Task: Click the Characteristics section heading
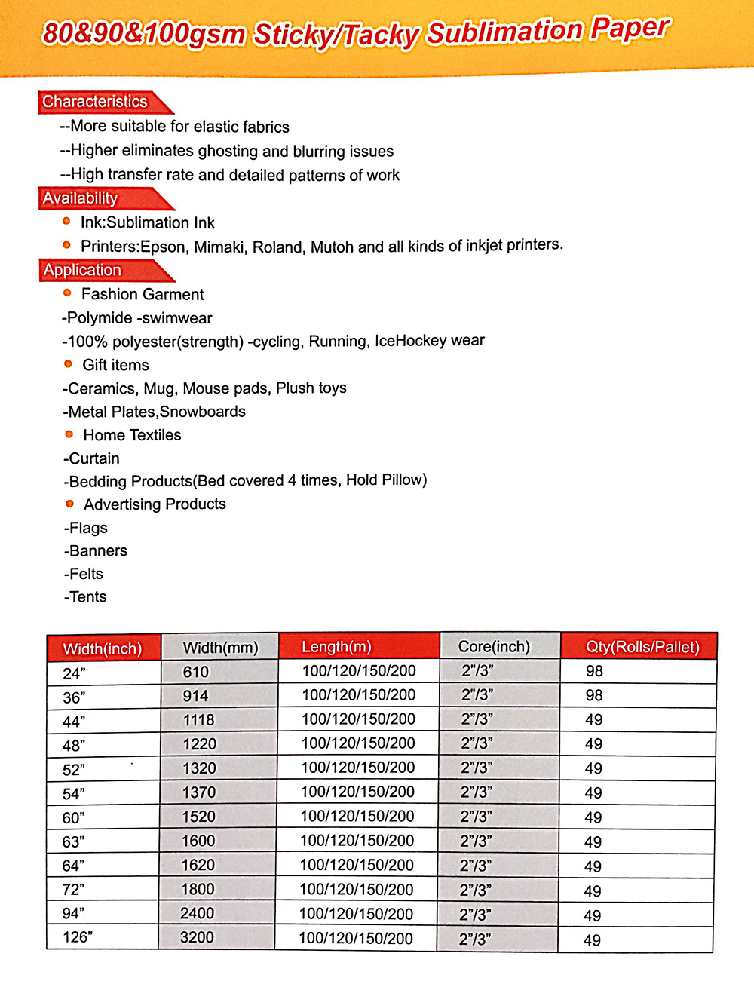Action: [95, 102]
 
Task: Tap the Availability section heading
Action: [80, 198]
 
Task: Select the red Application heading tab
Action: [82, 270]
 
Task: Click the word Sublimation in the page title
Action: [504, 32]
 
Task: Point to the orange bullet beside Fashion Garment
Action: [67, 293]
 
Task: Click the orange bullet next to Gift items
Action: [68, 363]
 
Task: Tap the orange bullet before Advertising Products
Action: [69, 503]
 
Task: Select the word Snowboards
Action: [203, 412]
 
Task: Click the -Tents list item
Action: [86, 597]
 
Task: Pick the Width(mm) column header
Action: [220, 648]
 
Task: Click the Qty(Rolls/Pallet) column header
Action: [642, 647]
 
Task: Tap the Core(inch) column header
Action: [494, 647]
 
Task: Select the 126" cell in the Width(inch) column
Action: [77, 937]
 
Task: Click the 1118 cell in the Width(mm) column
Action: [199, 720]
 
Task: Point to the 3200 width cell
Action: [197, 937]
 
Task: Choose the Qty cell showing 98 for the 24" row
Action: [594, 671]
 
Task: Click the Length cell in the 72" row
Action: [357, 890]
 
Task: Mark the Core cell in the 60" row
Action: [476, 817]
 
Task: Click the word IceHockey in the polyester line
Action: [410, 341]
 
